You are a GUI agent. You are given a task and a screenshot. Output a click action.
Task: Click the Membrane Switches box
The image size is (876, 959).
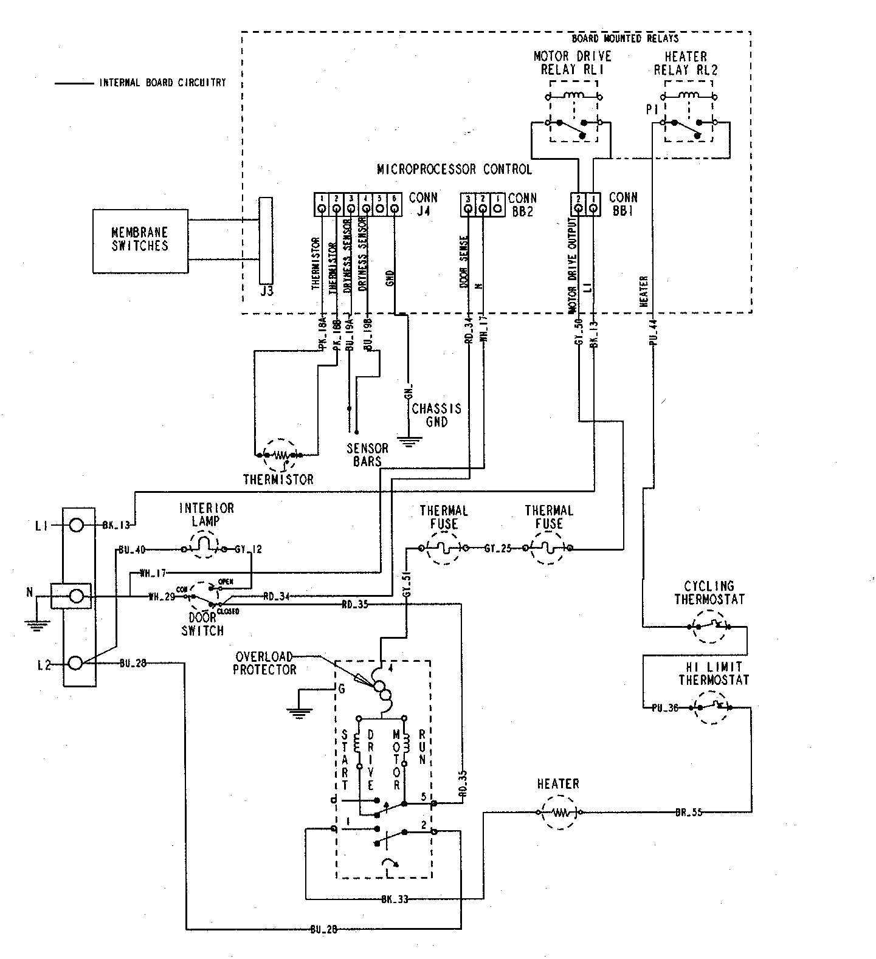(139, 241)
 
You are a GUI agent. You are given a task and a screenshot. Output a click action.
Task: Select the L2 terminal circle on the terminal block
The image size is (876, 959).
(76, 662)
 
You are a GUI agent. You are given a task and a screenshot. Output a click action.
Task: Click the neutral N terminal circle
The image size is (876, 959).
(76, 597)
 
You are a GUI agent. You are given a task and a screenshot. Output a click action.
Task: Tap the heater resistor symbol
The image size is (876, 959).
(558, 812)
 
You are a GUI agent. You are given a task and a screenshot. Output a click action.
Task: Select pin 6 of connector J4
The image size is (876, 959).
(395, 209)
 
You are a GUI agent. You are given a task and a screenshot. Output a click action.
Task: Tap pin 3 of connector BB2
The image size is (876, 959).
(468, 209)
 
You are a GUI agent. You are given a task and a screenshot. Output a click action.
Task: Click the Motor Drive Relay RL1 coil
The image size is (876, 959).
(574, 95)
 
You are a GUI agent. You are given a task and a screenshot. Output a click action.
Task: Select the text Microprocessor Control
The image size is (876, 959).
(454, 169)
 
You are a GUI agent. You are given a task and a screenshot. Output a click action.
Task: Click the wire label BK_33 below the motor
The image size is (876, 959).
(395, 899)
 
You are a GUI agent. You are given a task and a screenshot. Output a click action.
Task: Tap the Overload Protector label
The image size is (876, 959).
(265, 663)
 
